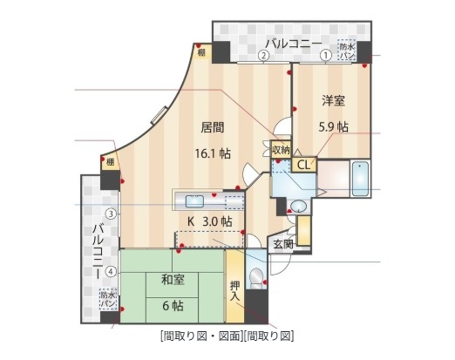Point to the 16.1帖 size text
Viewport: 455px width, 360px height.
[x=213, y=153]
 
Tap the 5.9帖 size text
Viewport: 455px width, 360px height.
[x=333, y=126]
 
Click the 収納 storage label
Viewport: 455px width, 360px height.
[x=281, y=150]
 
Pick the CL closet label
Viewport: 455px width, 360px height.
[x=304, y=164]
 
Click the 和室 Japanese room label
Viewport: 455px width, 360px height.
[x=172, y=280]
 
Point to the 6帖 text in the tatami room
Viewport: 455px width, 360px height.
[x=172, y=305]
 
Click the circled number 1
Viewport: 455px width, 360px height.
[x=326, y=55]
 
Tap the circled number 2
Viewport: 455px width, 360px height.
[x=263, y=55]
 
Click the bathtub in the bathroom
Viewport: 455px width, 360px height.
[x=361, y=179]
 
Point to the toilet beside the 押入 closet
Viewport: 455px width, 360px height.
[x=256, y=279]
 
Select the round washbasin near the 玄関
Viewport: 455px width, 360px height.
[x=297, y=207]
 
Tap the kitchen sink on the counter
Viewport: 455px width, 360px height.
[x=194, y=197]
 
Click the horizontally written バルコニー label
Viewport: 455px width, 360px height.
[x=294, y=43]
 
